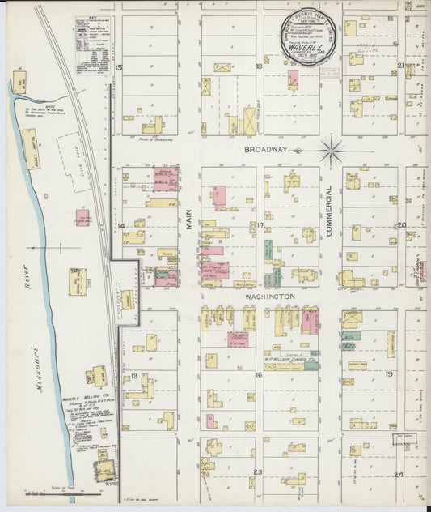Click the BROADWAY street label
(x=267, y=150)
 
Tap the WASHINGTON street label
(x=269, y=297)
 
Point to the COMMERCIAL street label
(x=330, y=211)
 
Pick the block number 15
(x=118, y=67)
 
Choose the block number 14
(x=120, y=226)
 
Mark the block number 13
(x=124, y=376)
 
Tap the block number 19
(x=389, y=374)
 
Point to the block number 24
(x=398, y=474)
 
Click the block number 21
(x=401, y=66)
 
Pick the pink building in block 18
(x=293, y=79)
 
